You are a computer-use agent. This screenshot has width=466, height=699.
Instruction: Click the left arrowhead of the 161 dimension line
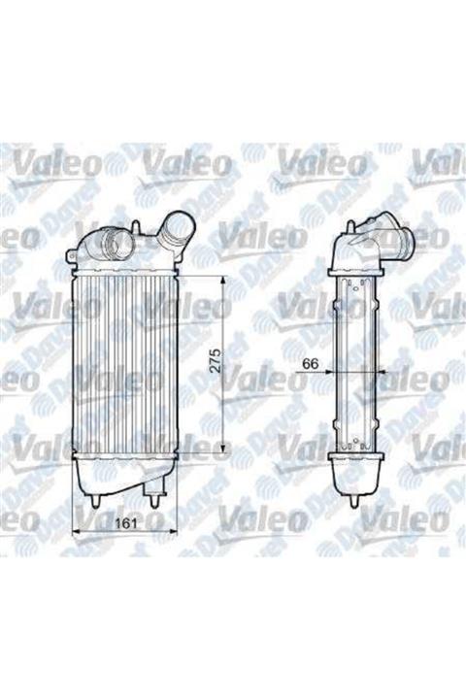coord(78,531)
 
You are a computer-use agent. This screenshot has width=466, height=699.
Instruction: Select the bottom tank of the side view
coord(353,476)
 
